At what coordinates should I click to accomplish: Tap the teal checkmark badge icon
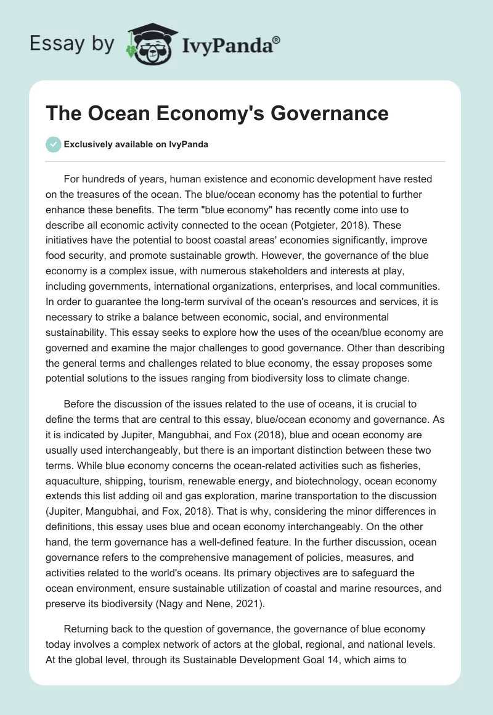54,144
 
